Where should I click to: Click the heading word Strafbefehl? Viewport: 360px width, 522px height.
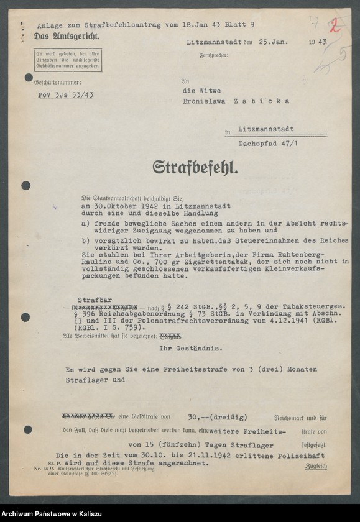coord(196,167)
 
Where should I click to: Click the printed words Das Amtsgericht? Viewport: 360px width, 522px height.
coord(67,37)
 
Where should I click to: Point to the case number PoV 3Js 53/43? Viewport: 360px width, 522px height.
coord(66,94)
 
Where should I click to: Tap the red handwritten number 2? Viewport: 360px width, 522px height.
coord(335,25)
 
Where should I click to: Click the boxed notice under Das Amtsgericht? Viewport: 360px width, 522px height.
coord(68,60)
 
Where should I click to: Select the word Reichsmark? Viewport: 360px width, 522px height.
coord(295,418)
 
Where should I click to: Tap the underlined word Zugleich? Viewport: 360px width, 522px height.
coord(316,466)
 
